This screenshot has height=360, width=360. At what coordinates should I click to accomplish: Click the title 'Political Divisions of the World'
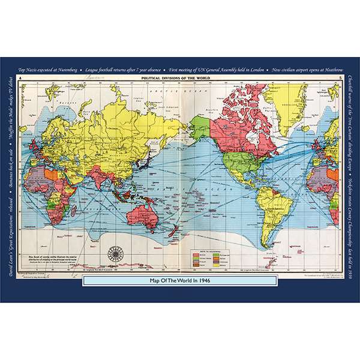click(x=181, y=78)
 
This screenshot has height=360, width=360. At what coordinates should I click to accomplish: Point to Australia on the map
click(x=148, y=210)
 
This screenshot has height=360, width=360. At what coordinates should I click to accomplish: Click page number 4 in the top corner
click(x=21, y=79)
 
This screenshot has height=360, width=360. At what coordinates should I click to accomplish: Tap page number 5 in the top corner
click(x=340, y=79)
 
